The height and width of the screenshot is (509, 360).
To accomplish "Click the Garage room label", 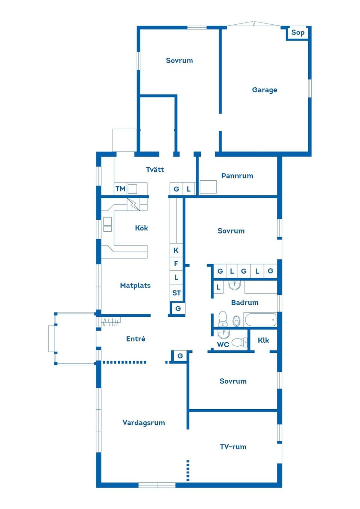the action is [264, 90].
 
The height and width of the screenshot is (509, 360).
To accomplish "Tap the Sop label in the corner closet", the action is [298, 33].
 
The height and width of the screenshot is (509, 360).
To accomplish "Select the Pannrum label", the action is [237, 176].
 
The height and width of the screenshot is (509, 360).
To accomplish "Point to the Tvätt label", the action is [155, 169].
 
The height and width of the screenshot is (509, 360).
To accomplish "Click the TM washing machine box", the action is [120, 189].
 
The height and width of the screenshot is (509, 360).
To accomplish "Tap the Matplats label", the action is [135, 285].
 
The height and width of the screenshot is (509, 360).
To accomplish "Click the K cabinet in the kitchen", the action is [176, 250].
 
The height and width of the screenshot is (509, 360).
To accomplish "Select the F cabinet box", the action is [176, 264].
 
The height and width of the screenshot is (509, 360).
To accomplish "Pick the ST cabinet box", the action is [176, 293].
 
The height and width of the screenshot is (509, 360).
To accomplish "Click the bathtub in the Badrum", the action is [261, 319].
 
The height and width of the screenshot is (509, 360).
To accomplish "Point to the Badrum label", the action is [245, 302].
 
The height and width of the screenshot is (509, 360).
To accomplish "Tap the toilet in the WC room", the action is [239, 342].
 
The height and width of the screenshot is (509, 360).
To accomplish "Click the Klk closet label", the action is [263, 340].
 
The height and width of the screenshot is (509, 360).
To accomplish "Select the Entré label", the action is [136, 339].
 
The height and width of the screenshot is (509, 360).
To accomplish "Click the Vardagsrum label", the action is [144, 423].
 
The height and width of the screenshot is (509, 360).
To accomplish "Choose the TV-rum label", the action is [233, 447].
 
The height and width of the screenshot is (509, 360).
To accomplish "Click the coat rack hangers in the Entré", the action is [110, 322].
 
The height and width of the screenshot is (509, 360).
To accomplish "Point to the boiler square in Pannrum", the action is [208, 187].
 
